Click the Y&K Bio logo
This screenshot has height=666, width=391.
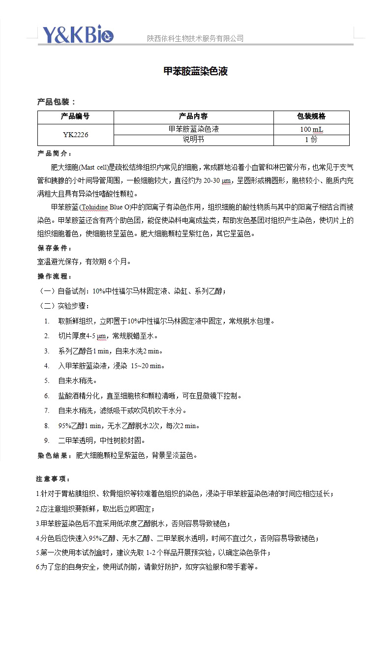click(x=78, y=34)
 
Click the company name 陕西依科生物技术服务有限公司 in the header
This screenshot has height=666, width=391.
click(x=195, y=38)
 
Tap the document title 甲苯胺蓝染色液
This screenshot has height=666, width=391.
click(x=195, y=72)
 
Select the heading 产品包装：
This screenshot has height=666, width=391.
click(x=57, y=102)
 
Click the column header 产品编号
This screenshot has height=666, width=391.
click(x=75, y=116)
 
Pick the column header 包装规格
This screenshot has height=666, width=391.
click(x=311, y=116)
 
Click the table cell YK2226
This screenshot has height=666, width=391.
click(x=75, y=135)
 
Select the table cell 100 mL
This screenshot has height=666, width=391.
click(x=311, y=129)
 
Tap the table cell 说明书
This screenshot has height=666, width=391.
click(x=193, y=140)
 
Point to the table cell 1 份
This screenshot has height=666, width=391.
click(x=311, y=140)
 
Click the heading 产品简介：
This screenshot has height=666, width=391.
click(x=55, y=154)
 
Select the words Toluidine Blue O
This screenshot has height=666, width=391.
click(x=105, y=206)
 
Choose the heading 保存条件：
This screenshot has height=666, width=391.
click(x=55, y=248)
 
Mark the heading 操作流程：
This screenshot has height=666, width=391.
click(x=55, y=277)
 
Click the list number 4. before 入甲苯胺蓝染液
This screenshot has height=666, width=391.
click(x=47, y=366)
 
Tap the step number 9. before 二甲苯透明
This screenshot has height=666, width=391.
click(x=47, y=440)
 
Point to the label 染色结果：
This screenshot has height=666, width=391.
click(x=55, y=456)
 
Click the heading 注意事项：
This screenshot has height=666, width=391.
click(x=53, y=479)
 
